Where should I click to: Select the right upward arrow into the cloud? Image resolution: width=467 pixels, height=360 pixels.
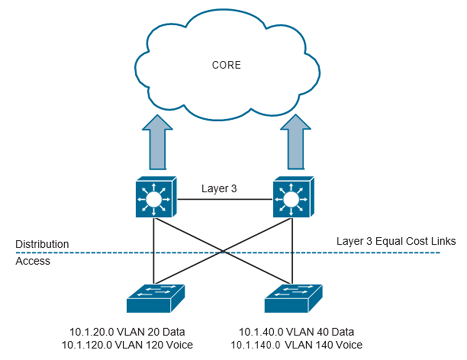296,145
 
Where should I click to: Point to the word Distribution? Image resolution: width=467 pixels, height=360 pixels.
42,244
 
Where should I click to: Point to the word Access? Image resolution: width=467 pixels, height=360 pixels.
33,261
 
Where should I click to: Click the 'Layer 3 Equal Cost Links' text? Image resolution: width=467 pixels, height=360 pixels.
389,241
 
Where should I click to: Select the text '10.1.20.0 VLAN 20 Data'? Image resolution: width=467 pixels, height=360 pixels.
127,332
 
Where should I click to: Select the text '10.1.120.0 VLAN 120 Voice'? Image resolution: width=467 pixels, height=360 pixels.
127,345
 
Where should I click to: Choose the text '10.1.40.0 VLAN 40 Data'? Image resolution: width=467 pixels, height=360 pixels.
297,332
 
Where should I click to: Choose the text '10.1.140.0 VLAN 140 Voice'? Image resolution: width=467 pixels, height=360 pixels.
297,345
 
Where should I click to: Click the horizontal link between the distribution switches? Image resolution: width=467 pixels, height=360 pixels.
223,200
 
